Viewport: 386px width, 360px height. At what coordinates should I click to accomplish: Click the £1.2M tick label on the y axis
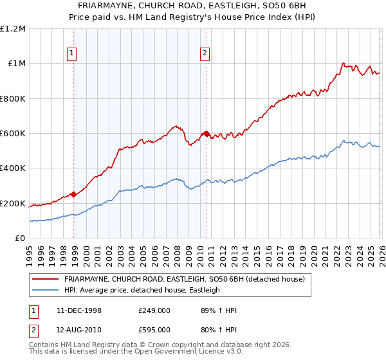(13, 29)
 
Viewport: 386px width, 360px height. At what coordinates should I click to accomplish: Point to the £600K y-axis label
(13, 134)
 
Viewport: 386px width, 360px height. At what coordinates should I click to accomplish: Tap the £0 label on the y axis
(19, 239)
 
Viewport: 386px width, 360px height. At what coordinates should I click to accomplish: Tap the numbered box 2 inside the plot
(205, 54)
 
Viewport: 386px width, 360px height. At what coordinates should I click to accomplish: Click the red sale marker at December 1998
(74, 194)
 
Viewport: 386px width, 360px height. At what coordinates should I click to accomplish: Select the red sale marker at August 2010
(207, 134)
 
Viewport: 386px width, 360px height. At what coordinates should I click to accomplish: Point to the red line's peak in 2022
(344, 64)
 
